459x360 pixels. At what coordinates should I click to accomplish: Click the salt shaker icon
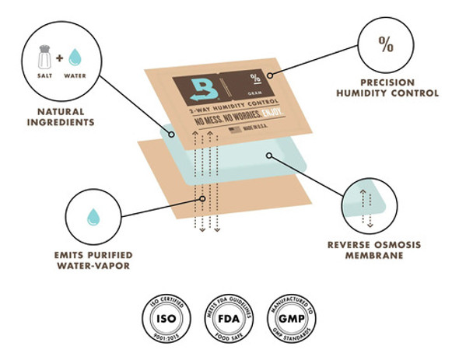tap(45, 55)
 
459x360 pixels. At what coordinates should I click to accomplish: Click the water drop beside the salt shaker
tap(74, 57)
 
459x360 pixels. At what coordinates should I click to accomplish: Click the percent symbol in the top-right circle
tap(386, 44)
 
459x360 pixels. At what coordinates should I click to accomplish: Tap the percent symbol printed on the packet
tap(255, 77)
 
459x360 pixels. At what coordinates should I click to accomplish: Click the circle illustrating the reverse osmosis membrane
tap(369, 204)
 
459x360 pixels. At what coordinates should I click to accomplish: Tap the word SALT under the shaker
tap(45, 76)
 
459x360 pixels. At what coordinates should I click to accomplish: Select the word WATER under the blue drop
tap(75, 76)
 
